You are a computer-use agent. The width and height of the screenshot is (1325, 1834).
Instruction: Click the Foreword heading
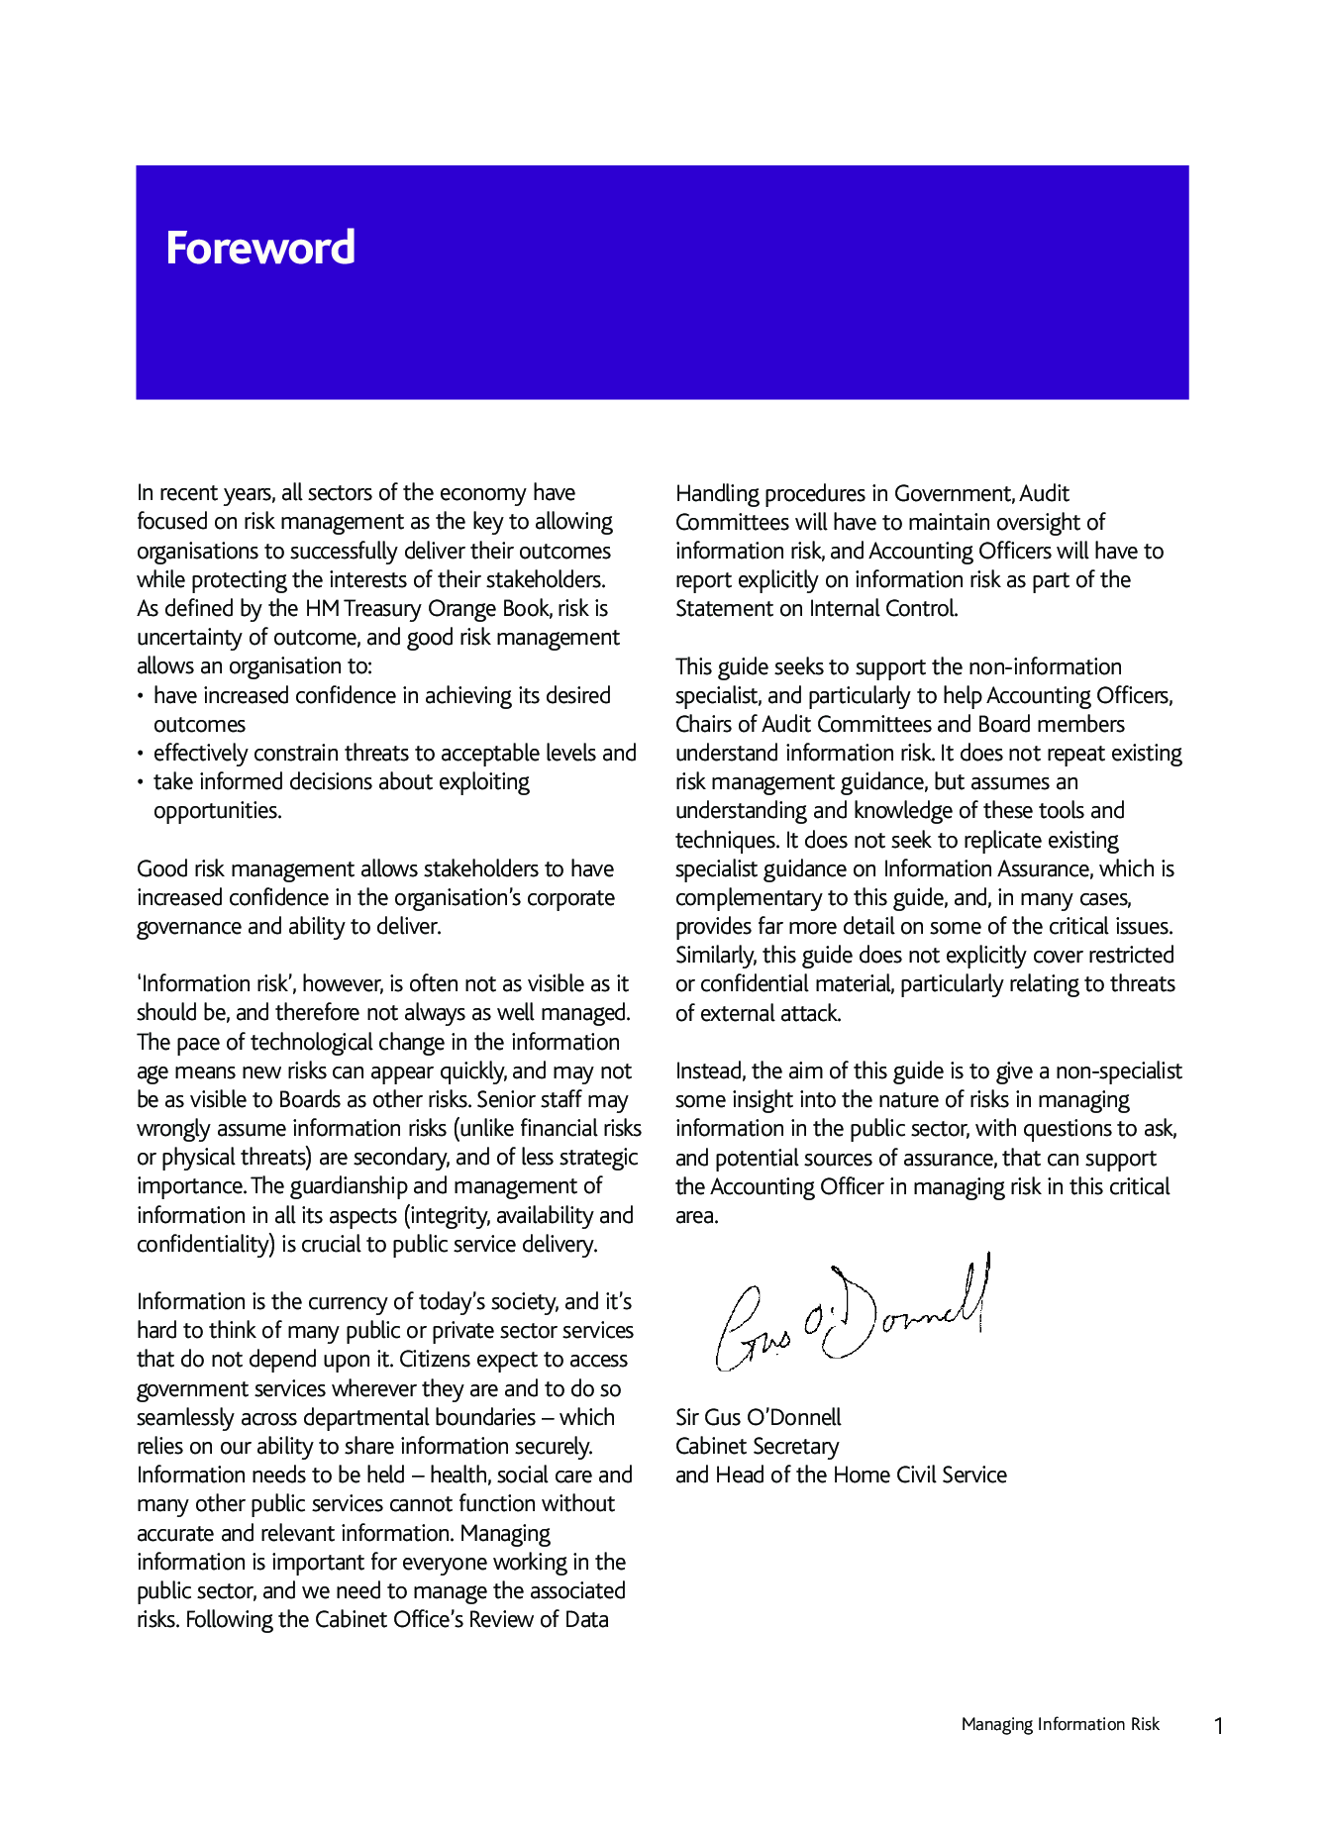pos(260,248)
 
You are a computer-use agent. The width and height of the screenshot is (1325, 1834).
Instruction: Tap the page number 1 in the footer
pos(1218,1727)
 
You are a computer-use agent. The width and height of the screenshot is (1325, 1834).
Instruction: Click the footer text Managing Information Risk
pos(1060,1725)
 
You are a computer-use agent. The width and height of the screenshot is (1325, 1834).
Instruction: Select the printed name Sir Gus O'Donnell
pos(759,1417)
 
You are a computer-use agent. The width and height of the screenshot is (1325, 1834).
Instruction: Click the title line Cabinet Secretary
pos(758,1446)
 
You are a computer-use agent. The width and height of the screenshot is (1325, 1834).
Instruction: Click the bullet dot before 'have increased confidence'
pos(142,697)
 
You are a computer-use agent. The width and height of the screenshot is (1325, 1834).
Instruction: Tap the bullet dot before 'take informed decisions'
pos(142,783)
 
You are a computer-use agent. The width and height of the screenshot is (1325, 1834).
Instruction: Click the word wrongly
pos(174,1128)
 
